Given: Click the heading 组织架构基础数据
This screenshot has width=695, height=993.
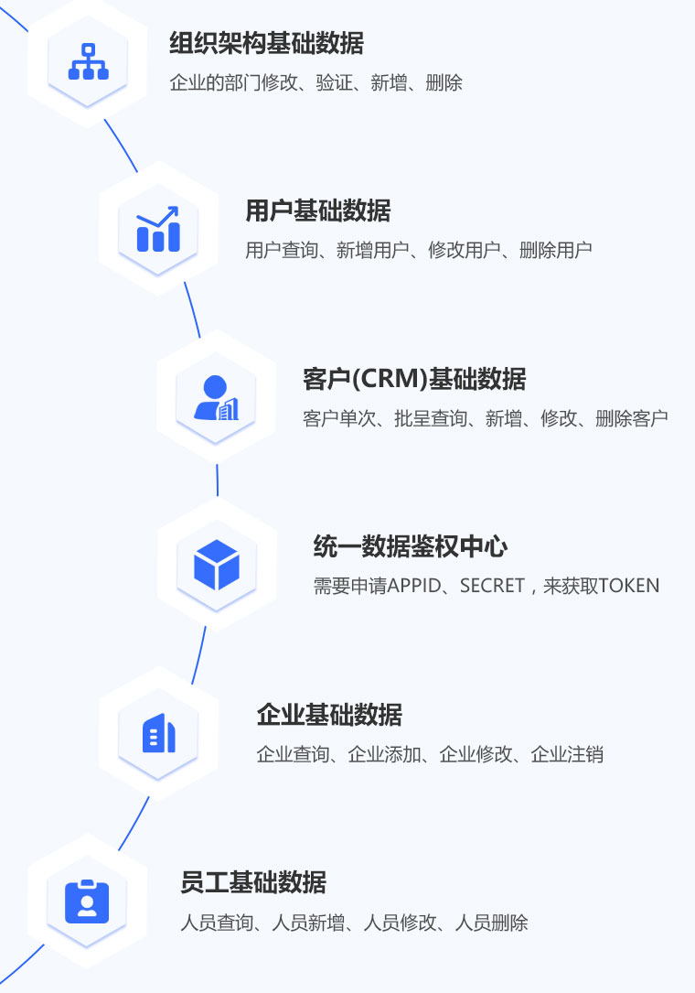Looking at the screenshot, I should click(266, 43).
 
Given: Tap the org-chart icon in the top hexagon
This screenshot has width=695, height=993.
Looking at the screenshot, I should click(89, 61).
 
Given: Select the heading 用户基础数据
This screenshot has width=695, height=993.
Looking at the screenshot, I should click(317, 211).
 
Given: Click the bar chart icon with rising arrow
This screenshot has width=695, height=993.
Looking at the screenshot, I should click(158, 229).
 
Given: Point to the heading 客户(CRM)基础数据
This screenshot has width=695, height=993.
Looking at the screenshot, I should click(413, 379).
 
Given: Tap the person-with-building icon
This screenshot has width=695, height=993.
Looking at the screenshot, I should click(216, 398).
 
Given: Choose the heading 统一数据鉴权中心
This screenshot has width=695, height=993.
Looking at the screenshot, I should click(410, 547).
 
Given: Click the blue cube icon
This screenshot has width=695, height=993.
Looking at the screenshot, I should click(216, 565).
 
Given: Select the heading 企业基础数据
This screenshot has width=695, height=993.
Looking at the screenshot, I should click(329, 715).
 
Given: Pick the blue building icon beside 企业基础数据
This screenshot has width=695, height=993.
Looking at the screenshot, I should click(158, 733).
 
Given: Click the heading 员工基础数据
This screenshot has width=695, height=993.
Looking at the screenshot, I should click(253, 883).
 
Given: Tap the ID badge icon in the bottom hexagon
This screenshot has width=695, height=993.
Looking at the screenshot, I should click(88, 901).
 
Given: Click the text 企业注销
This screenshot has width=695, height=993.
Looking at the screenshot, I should click(567, 755).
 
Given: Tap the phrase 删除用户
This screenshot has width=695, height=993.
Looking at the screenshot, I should click(555, 250).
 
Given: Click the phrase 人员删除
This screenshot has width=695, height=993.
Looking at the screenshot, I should click(491, 923).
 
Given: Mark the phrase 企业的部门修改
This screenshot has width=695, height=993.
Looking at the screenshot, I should click(233, 83).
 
